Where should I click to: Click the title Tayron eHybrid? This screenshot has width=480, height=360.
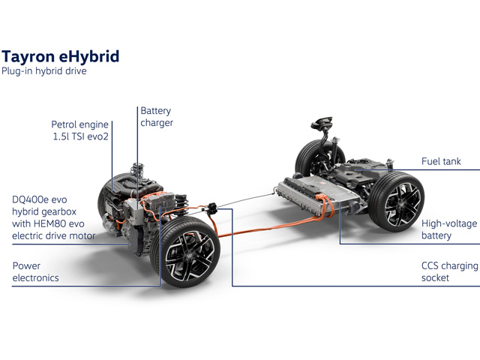pyautogui.click(x=60, y=57)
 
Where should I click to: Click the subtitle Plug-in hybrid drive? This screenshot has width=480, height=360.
pyautogui.click(x=44, y=71)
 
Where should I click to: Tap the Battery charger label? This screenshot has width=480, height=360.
pyautogui.click(x=157, y=117)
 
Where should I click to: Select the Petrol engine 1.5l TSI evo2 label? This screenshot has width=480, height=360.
pyautogui.click(x=80, y=130)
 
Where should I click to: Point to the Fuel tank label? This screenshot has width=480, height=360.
pyautogui.click(x=441, y=161)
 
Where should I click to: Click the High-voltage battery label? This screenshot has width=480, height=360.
pyautogui.click(x=449, y=229)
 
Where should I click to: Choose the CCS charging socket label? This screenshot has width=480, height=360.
pyautogui.click(x=450, y=271)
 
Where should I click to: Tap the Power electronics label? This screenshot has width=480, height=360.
pyautogui.click(x=35, y=271)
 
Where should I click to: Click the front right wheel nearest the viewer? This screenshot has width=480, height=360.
pyautogui.click(x=185, y=252)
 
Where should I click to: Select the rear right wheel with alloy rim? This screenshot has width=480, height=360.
pyautogui.click(x=397, y=202)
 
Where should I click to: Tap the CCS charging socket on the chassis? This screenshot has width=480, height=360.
pyautogui.click(x=211, y=208)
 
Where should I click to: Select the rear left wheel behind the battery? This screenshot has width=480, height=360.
pyautogui.click(x=312, y=159)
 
